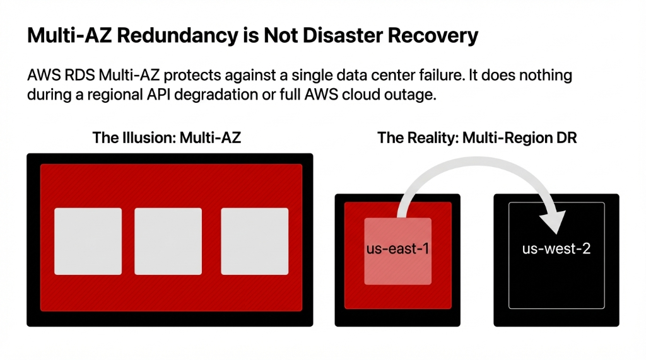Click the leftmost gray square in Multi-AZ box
(88, 241)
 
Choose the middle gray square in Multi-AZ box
(168, 241)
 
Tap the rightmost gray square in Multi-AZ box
(254, 241)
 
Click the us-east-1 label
(397, 248)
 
